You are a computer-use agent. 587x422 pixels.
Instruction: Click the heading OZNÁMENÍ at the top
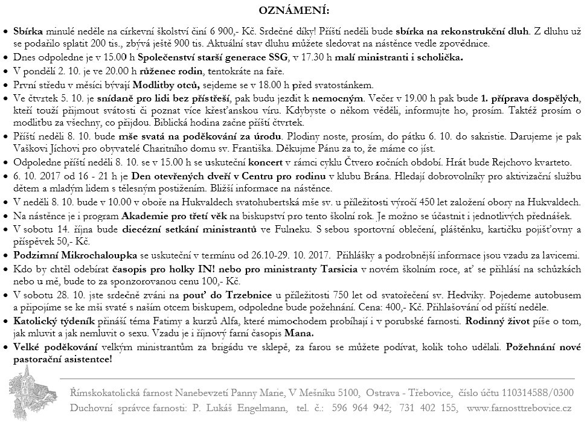pyautogui.click(x=294, y=11)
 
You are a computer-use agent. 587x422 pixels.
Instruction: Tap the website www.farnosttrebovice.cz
pyautogui.click(x=519, y=408)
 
